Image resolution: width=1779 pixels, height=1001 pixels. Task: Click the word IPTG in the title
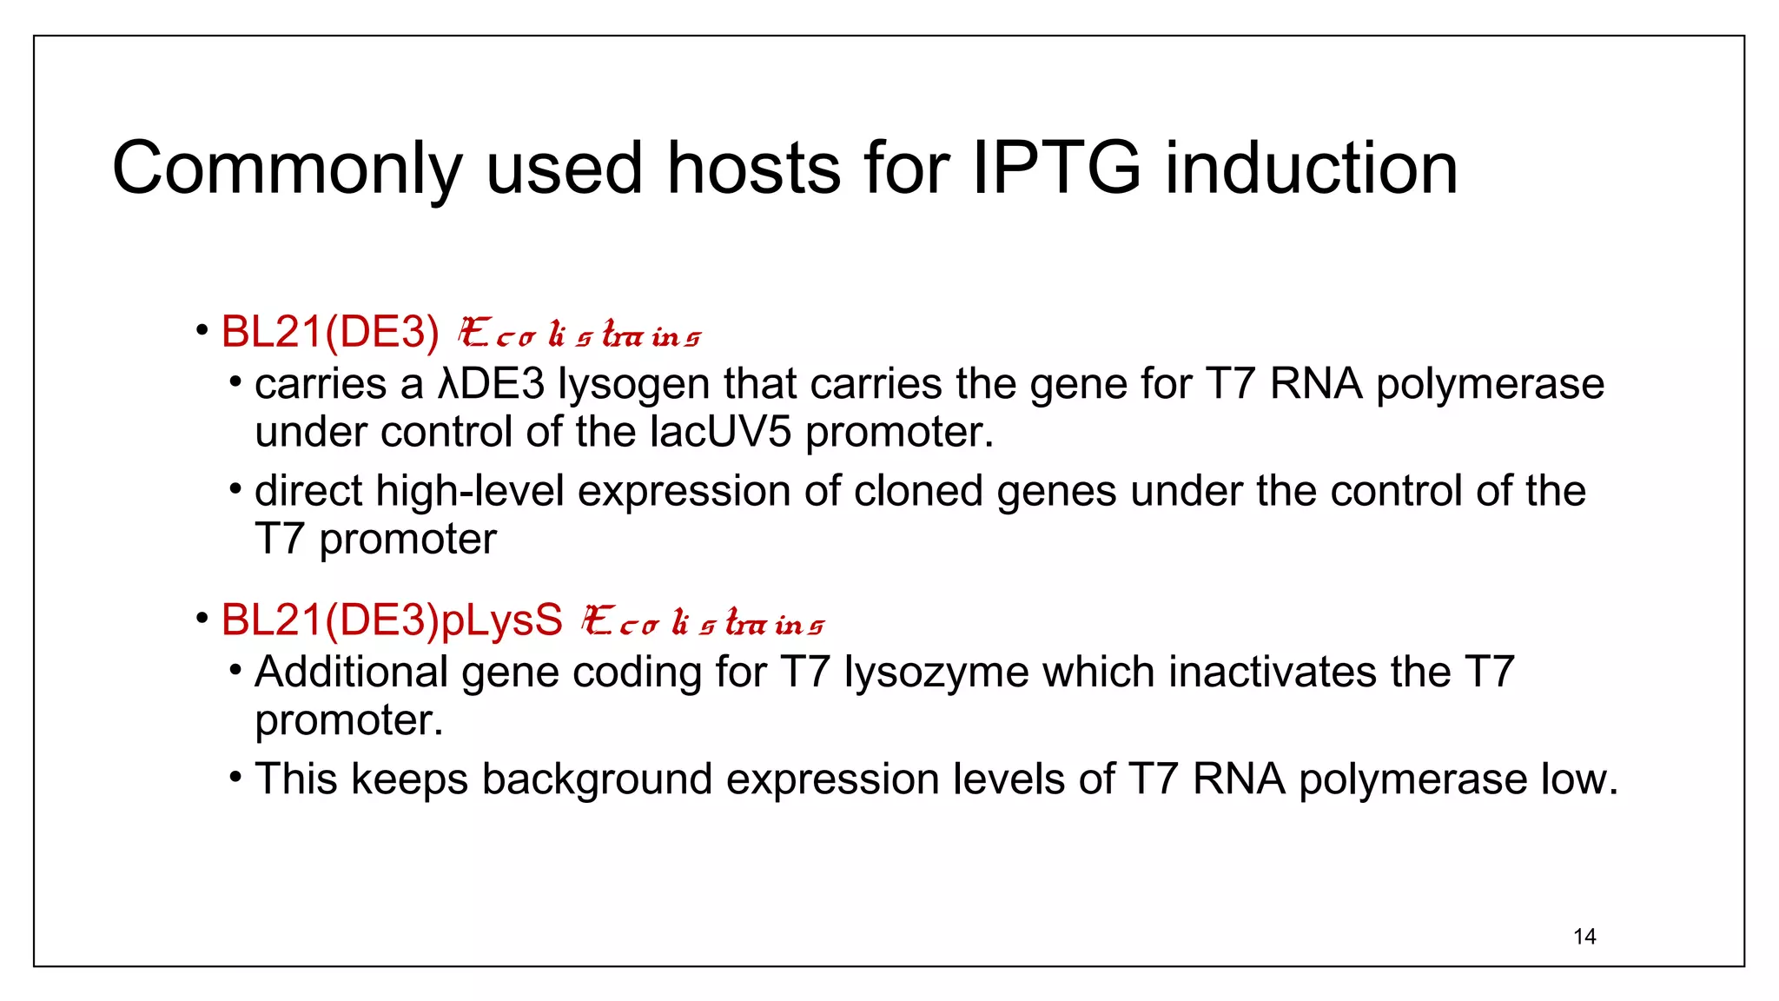coord(1055,168)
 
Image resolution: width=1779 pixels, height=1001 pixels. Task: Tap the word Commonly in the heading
coord(287,169)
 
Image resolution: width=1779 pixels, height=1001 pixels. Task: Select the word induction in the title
coord(1311,168)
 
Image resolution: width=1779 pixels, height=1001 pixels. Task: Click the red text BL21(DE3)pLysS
coord(392,620)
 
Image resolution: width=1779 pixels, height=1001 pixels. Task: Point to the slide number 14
coord(1584,937)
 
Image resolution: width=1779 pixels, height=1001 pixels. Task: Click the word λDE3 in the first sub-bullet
coord(491,384)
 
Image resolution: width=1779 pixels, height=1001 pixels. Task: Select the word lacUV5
coord(720,432)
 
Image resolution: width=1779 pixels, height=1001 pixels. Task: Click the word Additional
coord(351,673)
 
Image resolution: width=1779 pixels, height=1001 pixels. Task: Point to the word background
coord(597,779)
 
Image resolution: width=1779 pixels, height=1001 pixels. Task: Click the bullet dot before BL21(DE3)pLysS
coord(202,619)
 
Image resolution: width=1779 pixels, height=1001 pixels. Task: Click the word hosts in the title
coord(753,168)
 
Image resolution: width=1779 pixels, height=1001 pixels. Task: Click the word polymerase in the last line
coord(1412,779)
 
